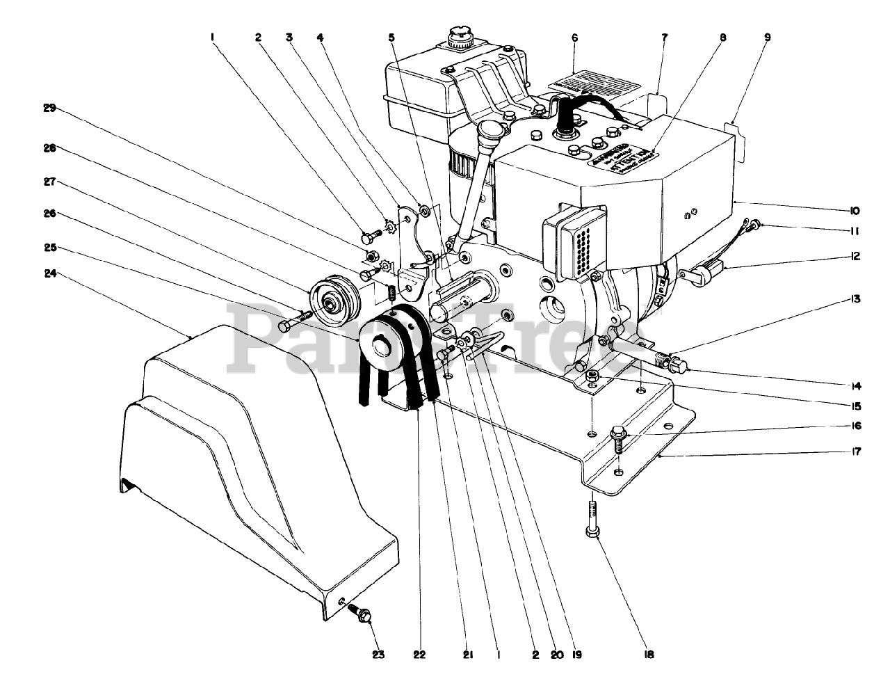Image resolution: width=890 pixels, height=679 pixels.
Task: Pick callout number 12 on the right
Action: click(x=855, y=256)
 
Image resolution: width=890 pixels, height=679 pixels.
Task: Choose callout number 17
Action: click(x=855, y=451)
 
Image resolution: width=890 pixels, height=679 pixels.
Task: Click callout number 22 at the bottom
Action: click(x=419, y=655)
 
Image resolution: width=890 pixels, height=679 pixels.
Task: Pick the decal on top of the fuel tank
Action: click(x=594, y=86)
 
